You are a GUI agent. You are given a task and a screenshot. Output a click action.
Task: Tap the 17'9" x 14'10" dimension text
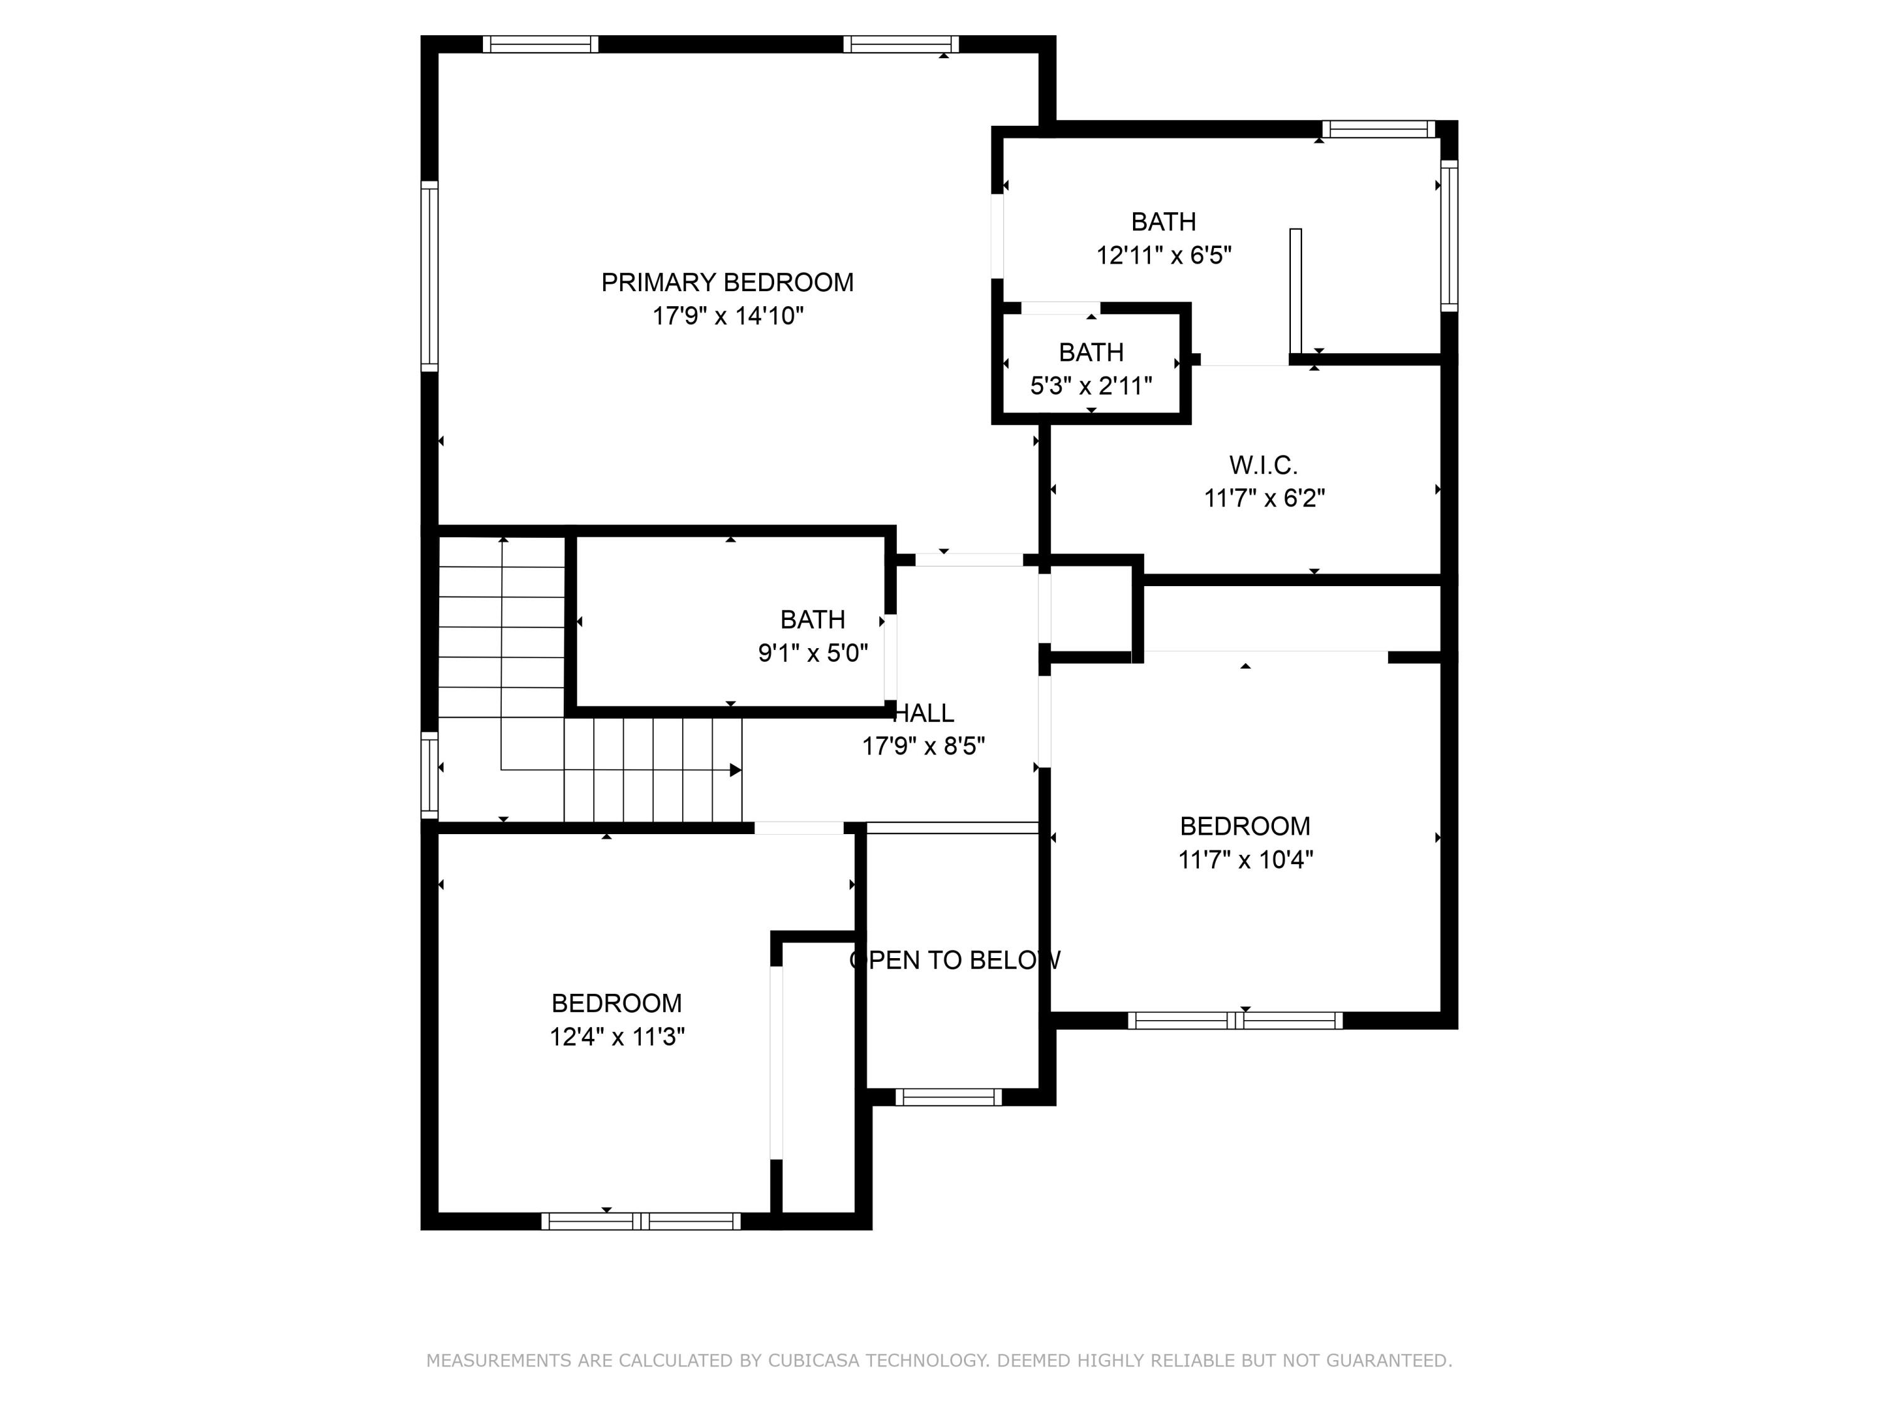(727, 316)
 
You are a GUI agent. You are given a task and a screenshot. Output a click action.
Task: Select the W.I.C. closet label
(1263, 465)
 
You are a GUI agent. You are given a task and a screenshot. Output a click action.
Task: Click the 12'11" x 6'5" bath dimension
(1164, 255)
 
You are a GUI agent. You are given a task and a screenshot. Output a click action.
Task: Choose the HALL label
(925, 713)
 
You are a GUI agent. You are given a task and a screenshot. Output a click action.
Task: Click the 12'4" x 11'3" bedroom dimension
(617, 1036)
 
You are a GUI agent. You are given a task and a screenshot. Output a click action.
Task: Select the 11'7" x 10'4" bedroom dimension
(1245, 860)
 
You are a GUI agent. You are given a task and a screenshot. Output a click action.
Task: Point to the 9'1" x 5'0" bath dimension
(813, 653)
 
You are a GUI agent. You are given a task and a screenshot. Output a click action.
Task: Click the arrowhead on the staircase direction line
(736, 770)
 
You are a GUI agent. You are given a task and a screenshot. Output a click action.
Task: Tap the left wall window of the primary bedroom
(430, 276)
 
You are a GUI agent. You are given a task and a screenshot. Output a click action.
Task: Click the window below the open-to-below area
(948, 1097)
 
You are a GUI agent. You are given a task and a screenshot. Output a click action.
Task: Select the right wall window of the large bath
(1449, 236)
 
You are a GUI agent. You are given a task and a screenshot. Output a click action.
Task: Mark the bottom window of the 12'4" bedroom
(641, 1221)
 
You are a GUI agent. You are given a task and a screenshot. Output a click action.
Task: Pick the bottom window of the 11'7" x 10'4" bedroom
(1235, 1021)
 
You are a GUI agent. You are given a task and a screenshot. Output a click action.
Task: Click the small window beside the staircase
(430, 775)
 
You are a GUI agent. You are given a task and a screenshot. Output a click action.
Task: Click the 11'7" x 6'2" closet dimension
(1264, 498)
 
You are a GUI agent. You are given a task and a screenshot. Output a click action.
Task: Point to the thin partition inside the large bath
(1295, 291)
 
